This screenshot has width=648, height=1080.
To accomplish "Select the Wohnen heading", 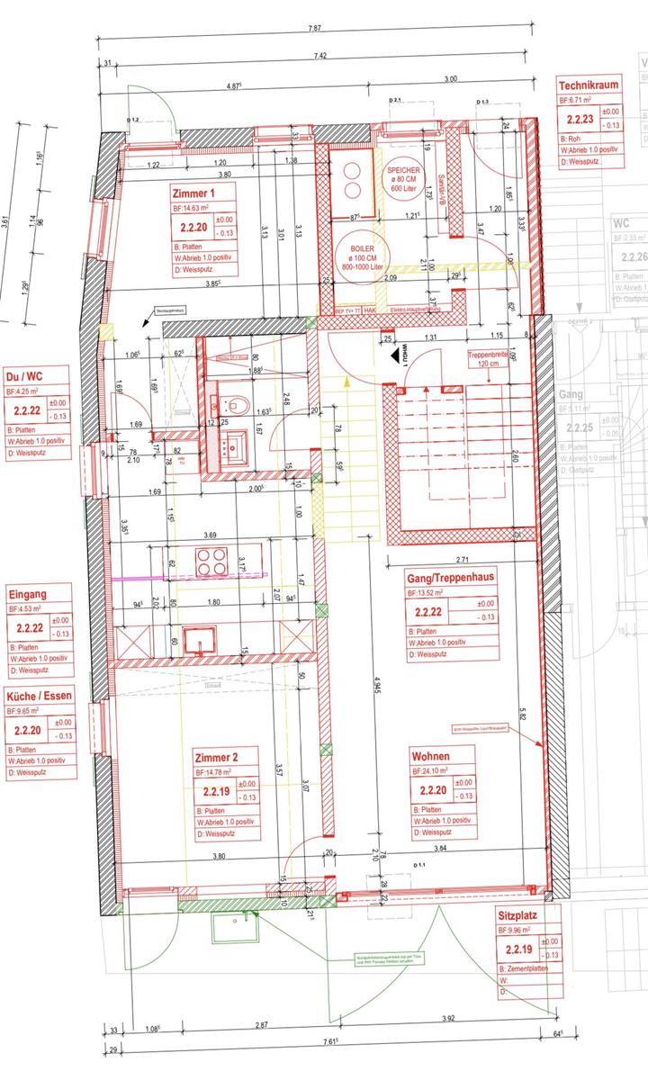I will [430, 756].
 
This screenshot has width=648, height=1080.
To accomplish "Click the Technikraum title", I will [589, 85].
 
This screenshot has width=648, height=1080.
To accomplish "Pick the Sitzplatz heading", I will [517, 917].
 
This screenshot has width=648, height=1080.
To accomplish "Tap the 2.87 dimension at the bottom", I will [260, 1025].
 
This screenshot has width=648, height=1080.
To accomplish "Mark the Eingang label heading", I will [28, 594].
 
